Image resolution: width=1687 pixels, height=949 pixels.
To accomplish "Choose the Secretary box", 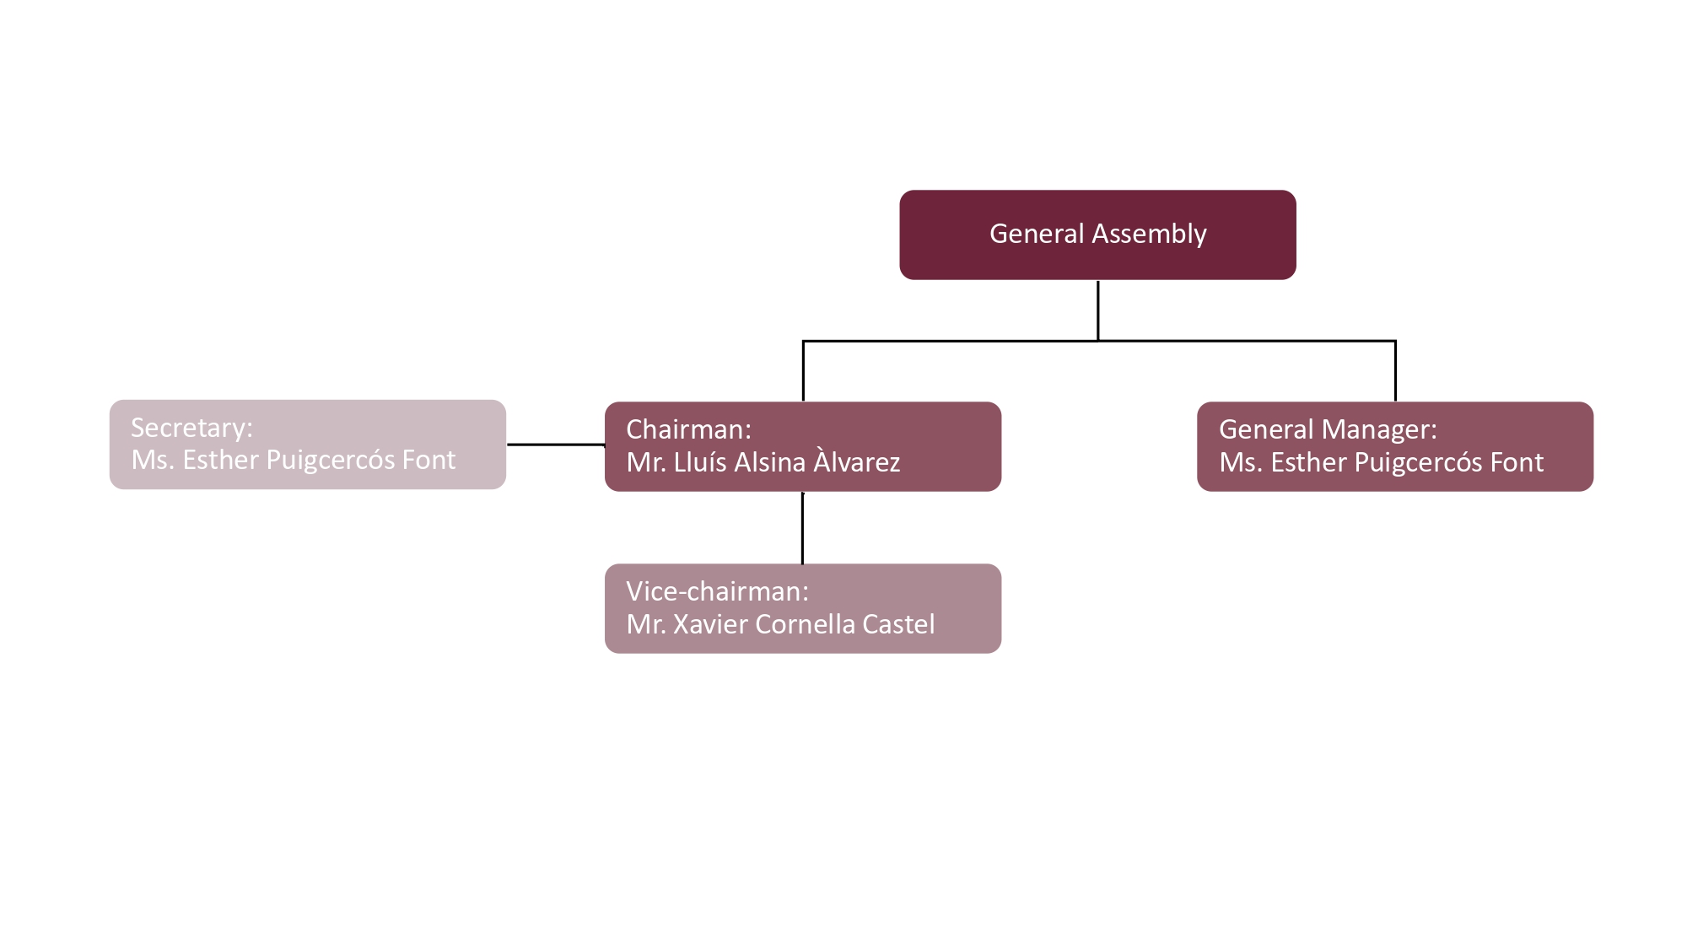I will click(307, 444).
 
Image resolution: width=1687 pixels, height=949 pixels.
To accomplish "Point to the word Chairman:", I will click(688, 429).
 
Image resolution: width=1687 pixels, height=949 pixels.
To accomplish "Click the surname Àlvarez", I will click(857, 462).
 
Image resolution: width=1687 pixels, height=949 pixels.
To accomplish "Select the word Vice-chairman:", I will click(717, 591).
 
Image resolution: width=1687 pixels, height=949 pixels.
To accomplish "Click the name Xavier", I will click(709, 624).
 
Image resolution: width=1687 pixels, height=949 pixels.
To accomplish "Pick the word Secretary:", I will click(191, 428).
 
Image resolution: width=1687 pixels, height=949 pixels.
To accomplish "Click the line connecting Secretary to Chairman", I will click(555, 444).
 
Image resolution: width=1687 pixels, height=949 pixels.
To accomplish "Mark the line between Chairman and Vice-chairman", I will click(802, 527).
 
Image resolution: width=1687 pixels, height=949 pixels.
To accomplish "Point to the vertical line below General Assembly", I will click(1097, 310).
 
